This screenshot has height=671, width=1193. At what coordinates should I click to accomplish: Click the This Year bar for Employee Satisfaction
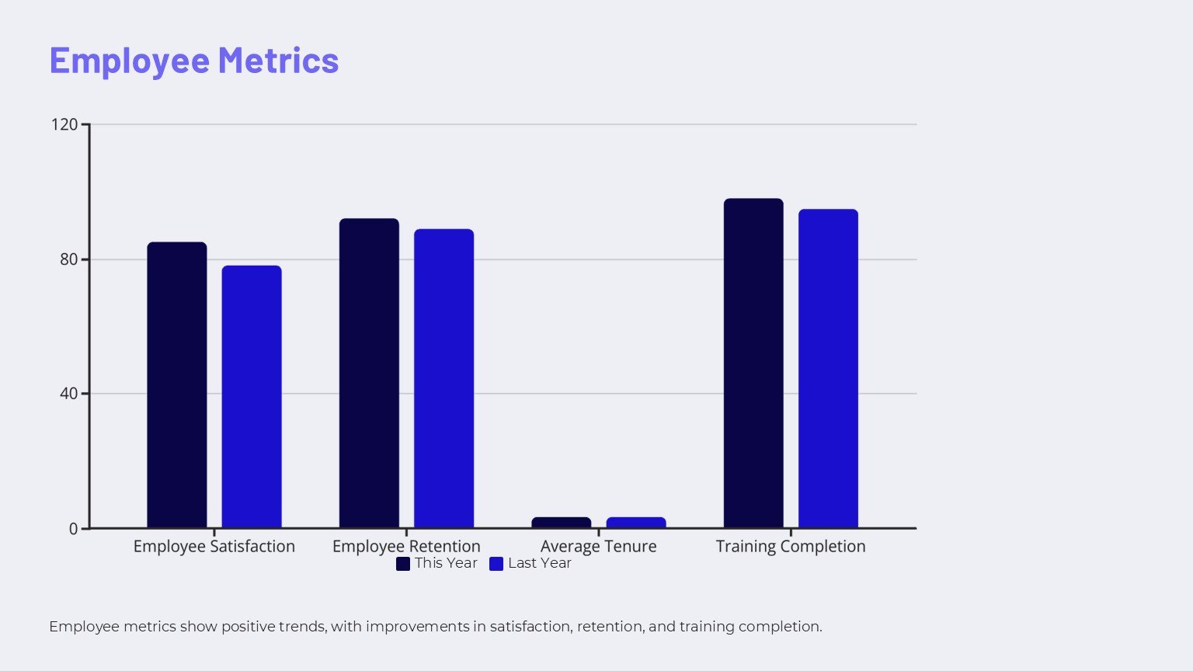click(177, 385)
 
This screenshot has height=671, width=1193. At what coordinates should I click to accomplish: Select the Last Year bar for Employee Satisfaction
click(252, 397)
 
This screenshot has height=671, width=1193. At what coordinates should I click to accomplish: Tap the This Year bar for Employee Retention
click(369, 374)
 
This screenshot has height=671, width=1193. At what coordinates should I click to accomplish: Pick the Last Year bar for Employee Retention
click(443, 378)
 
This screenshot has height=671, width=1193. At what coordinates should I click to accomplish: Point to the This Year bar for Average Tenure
click(561, 523)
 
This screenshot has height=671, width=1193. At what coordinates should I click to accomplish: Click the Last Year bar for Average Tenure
click(636, 523)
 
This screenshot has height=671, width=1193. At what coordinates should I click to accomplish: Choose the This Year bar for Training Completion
click(753, 363)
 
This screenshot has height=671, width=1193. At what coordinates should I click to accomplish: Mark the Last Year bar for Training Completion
click(828, 369)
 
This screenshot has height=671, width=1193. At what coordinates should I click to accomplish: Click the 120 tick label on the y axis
click(64, 124)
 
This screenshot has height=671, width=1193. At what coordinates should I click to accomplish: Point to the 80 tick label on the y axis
click(69, 259)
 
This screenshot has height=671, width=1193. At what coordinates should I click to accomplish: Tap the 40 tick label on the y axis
click(69, 394)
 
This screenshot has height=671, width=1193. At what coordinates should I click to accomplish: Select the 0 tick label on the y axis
click(74, 529)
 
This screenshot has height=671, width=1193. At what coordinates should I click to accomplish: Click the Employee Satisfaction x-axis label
click(214, 546)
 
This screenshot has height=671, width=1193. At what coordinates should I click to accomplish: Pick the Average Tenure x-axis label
click(599, 546)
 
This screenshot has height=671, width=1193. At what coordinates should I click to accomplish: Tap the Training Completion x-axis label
click(791, 546)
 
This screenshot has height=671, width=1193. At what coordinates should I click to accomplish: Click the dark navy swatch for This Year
click(403, 564)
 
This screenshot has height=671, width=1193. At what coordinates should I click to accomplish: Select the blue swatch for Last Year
click(496, 564)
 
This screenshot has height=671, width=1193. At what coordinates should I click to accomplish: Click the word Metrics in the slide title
click(278, 61)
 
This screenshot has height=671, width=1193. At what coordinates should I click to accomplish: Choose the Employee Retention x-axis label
click(406, 546)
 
